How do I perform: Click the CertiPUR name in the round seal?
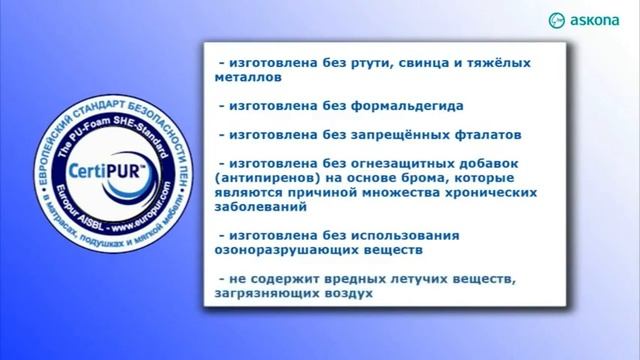pyautogui.click(x=92, y=164)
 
